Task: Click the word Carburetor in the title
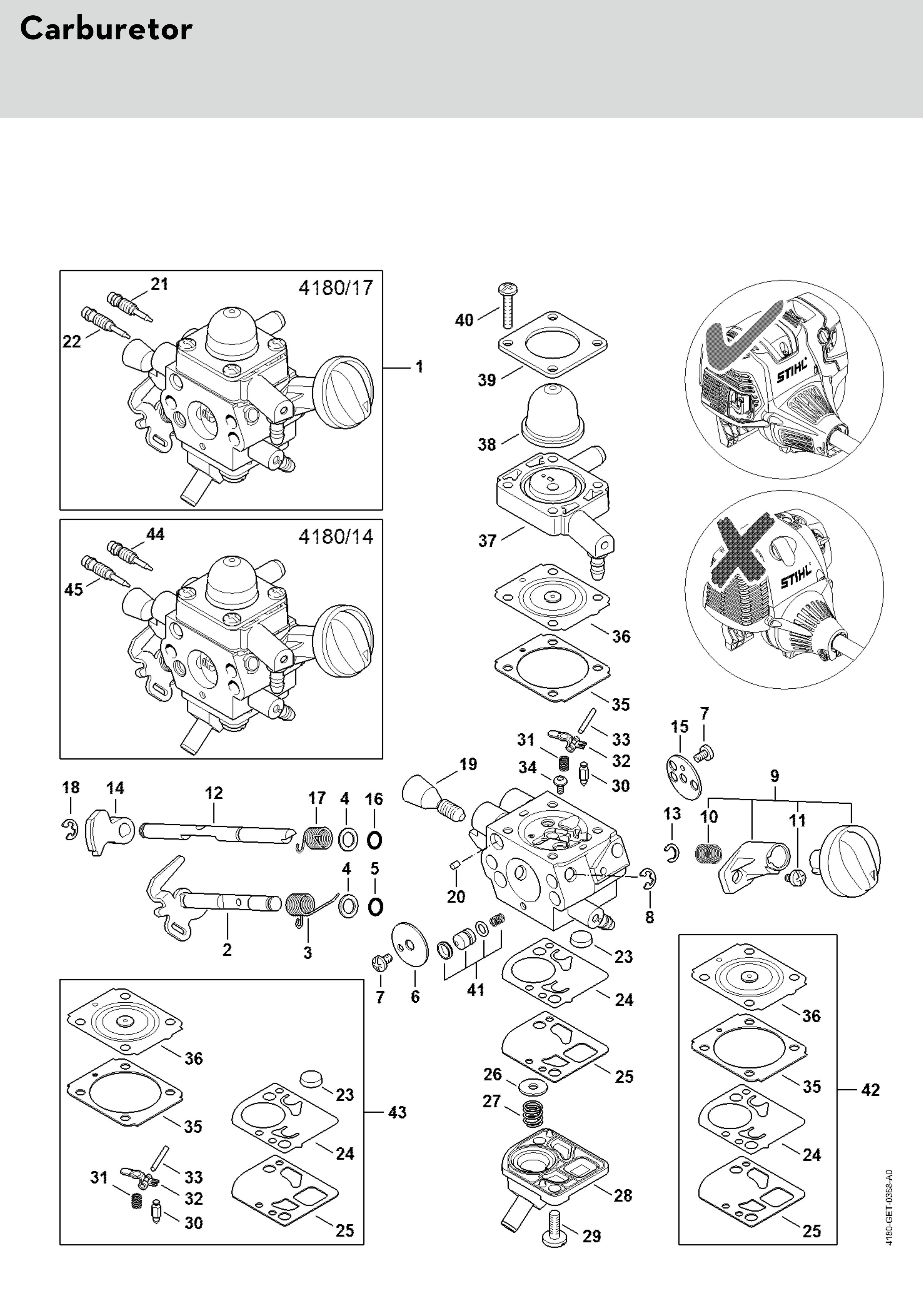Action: coord(106,29)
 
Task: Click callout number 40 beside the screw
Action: coord(464,320)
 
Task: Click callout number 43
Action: coord(397,1112)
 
